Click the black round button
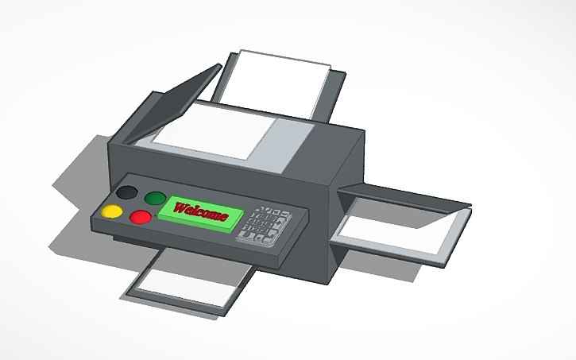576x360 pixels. click(x=126, y=192)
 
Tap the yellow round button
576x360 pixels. click(x=112, y=211)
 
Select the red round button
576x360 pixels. click(x=141, y=216)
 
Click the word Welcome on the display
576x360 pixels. click(x=201, y=211)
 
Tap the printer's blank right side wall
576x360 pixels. click(x=346, y=171)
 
